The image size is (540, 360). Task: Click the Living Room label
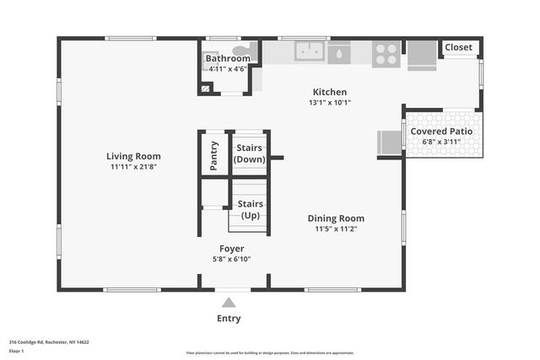pos(133,156)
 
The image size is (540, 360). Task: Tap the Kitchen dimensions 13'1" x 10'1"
pos(330,103)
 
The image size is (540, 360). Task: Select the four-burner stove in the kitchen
pos(386,53)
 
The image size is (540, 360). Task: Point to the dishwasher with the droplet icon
pos(339,54)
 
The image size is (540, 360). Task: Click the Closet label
pos(459,47)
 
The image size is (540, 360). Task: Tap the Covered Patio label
pos(441,132)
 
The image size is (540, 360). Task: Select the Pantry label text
pos(213,156)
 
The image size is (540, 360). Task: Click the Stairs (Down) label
pos(250,153)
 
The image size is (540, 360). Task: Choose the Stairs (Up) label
pos(250,210)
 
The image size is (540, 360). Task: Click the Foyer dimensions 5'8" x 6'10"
pos(231,259)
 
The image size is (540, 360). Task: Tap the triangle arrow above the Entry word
pos(229,303)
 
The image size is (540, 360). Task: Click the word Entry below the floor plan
pos(229,319)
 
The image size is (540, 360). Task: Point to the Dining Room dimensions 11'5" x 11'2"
pos(336,228)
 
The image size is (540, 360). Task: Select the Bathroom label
pos(228,58)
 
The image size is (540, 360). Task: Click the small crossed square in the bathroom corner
pos(205,87)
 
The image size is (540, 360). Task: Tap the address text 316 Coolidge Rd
pos(49,342)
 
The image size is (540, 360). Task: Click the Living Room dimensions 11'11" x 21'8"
pos(133,167)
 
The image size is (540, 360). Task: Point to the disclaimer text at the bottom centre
pos(269,352)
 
